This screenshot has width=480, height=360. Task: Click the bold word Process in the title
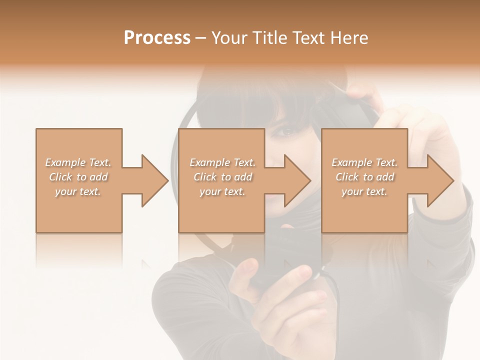157,38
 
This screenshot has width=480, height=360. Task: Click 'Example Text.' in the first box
78,162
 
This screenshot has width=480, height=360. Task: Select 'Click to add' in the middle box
222,177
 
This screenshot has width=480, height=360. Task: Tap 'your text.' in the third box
364,191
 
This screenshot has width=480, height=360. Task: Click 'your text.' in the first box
78,191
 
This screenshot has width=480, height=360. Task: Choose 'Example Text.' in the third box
364,162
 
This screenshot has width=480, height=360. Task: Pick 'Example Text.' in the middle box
222,162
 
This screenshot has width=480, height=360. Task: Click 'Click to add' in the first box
78,177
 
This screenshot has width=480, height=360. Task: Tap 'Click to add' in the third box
364,177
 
